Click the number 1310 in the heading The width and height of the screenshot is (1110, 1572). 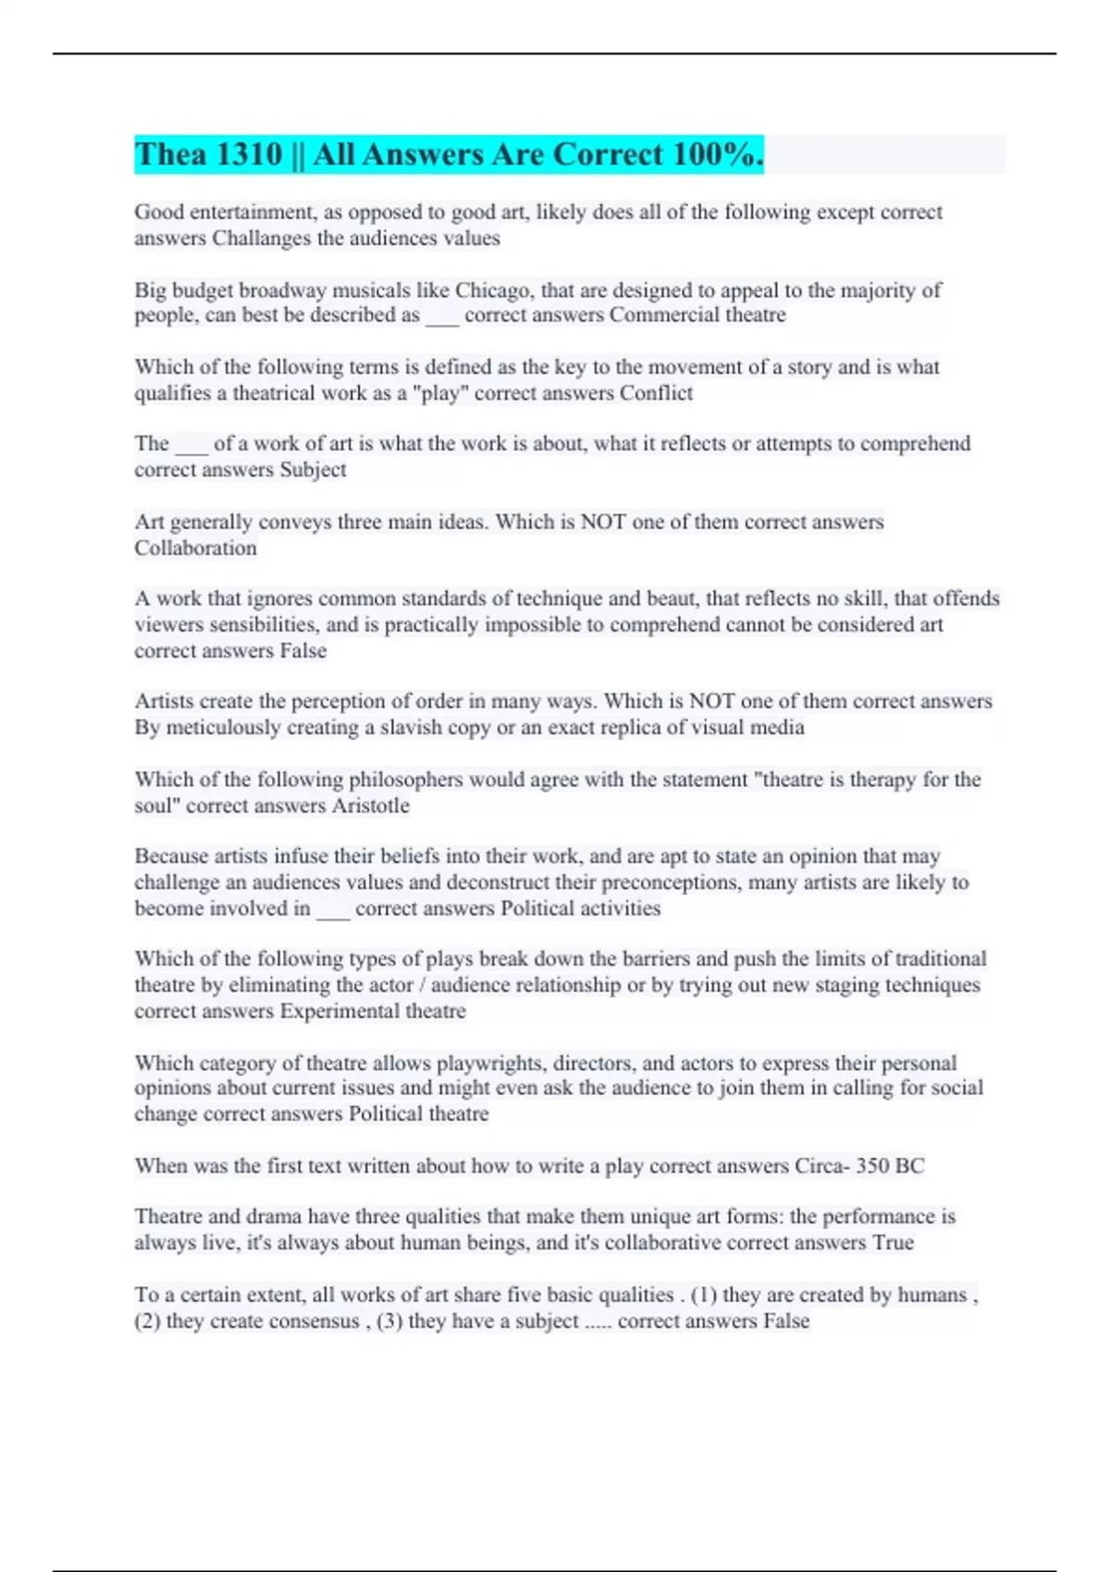248,154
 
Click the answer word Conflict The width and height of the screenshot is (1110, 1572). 656,393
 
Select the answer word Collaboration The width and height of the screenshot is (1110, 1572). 195,548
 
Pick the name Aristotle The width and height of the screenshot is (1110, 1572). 370,805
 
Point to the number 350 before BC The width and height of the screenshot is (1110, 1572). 872,1166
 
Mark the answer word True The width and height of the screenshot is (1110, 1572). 893,1243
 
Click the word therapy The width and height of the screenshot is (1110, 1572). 882,780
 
